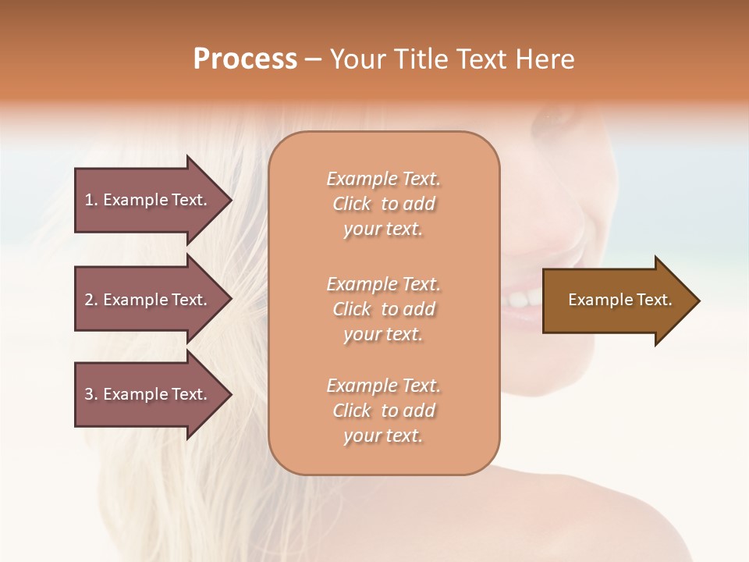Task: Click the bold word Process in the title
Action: (x=245, y=59)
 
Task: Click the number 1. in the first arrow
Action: (x=91, y=200)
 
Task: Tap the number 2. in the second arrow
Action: (x=91, y=300)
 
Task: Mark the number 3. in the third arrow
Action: (x=91, y=394)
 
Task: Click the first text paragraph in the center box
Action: (x=383, y=204)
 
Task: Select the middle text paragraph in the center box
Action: (x=383, y=309)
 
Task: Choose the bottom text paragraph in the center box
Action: (x=383, y=411)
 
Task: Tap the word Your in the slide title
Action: (x=355, y=59)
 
